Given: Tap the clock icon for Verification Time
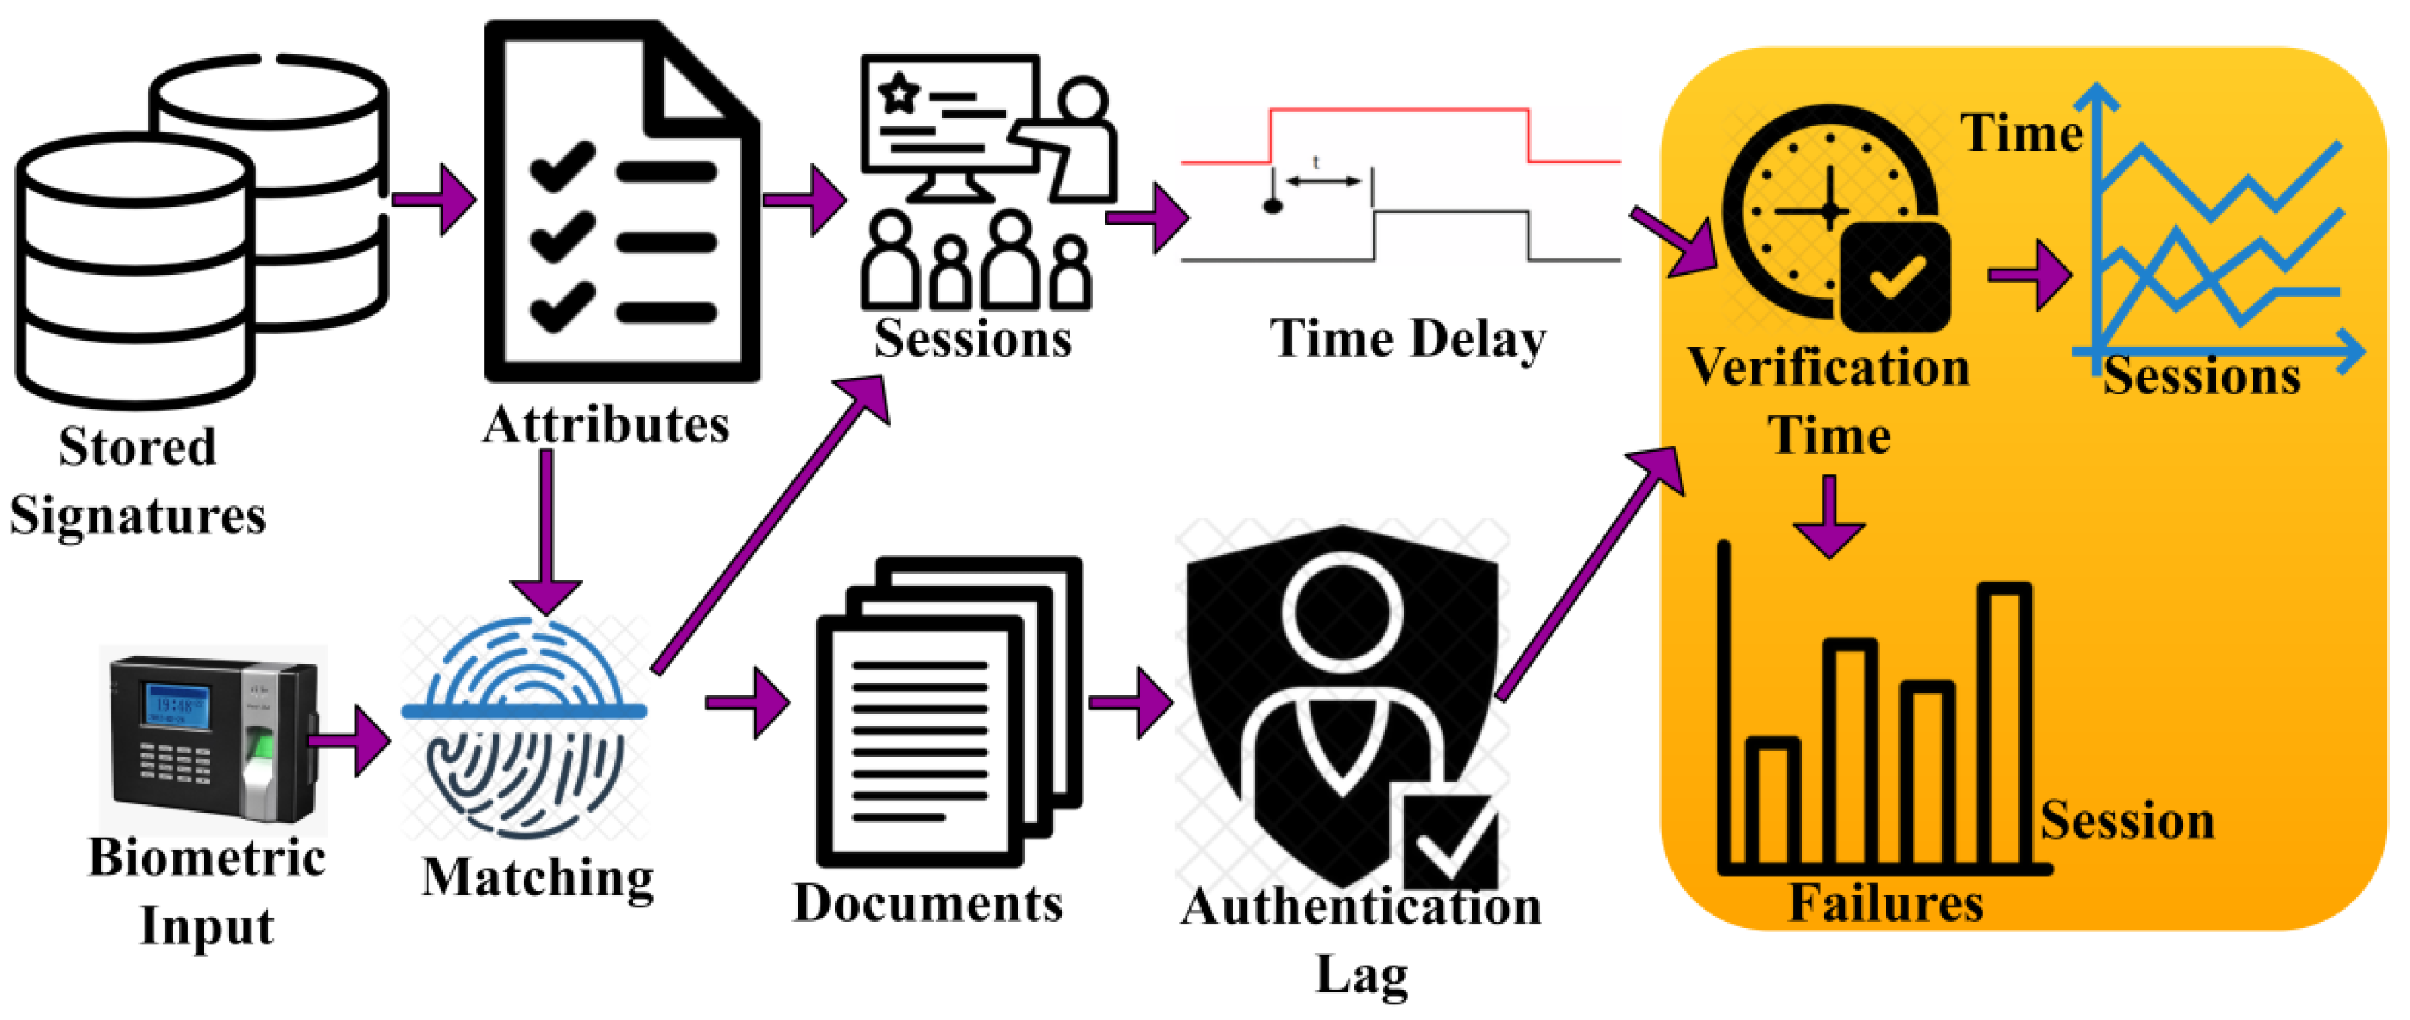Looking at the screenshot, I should coord(1824,210).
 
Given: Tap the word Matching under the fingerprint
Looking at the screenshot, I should coord(537,878).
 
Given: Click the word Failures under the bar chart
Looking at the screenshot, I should coord(1885,903).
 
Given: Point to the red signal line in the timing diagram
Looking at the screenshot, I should coord(1398,111).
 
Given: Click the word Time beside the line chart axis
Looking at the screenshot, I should coord(2021,133).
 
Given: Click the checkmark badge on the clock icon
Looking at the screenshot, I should coord(1895,277).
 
